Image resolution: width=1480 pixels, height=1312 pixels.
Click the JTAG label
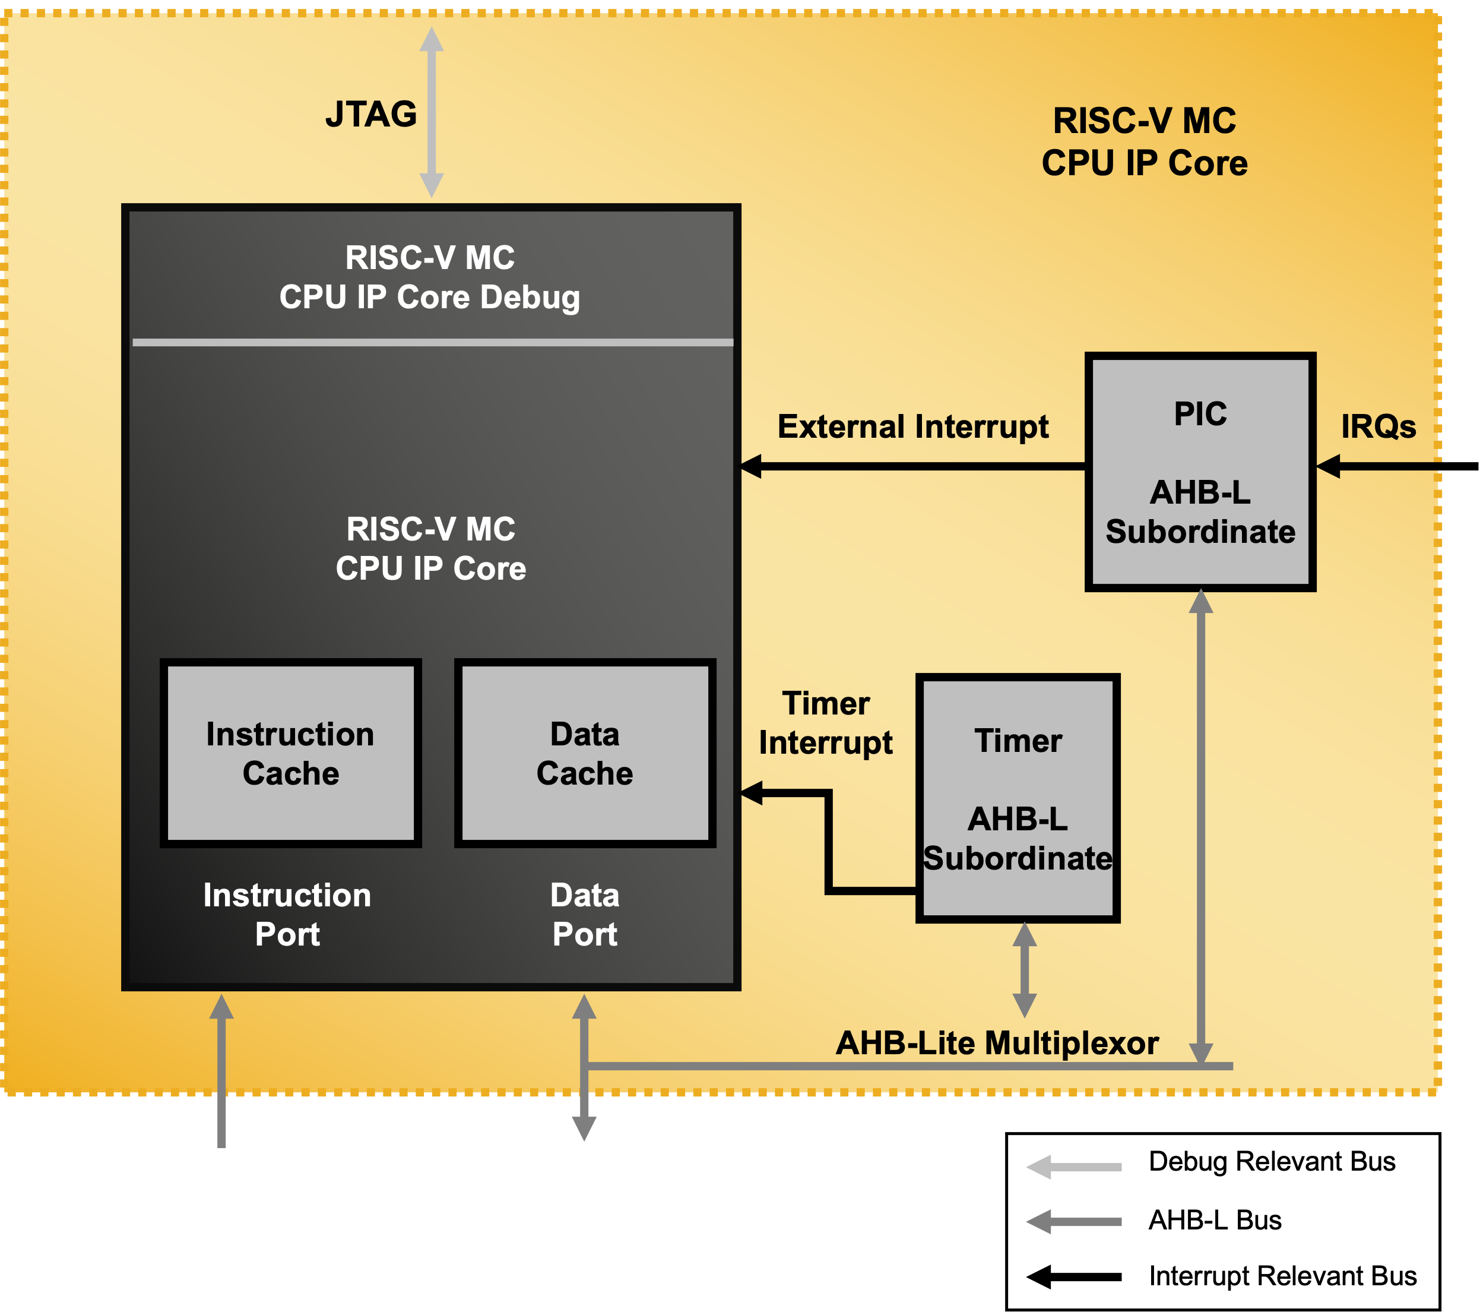[370, 115]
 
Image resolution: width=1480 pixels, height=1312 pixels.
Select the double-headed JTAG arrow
[432, 112]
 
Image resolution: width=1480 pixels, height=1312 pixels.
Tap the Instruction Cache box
[290, 754]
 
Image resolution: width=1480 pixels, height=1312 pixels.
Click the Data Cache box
[585, 754]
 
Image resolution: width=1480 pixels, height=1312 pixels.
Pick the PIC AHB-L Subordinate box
[1200, 472]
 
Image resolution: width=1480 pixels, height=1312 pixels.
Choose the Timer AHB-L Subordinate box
[1018, 798]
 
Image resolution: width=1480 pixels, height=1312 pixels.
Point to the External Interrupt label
[912, 426]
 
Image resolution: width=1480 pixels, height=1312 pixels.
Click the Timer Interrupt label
[825, 723]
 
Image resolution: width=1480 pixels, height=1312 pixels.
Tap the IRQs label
[1378, 426]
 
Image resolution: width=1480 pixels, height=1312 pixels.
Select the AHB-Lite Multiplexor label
[996, 1043]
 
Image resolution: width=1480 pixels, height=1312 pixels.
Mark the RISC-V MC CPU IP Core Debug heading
[430, 277]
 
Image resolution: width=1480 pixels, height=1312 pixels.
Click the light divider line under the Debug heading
[432, 343]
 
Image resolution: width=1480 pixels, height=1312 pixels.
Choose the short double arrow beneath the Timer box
[1024, 970]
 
